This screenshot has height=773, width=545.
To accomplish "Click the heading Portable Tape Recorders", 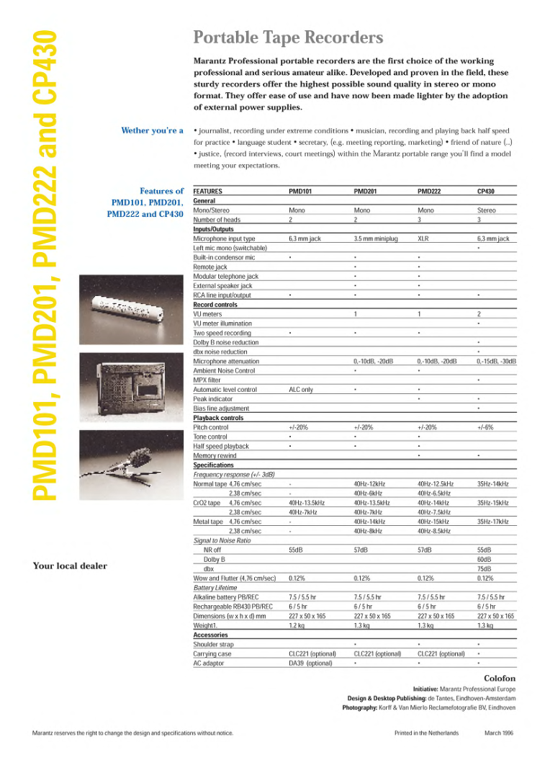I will (288, 37).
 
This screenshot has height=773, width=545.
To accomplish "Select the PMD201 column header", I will (365, 192).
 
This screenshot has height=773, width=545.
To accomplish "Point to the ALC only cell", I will (300, 390).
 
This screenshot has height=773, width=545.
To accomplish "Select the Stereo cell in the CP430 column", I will (486, 210).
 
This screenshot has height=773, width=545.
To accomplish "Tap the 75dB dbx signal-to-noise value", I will (484, 568).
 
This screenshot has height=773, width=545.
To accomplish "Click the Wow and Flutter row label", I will (235, 578).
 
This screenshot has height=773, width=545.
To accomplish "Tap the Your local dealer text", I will (70, 566).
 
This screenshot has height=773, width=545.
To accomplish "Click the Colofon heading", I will (500, 679).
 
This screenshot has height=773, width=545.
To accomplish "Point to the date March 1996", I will (498, 733).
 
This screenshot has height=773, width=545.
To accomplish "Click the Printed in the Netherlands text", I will (425, 733).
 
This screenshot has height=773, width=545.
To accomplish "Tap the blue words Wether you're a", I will (153, 130).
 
